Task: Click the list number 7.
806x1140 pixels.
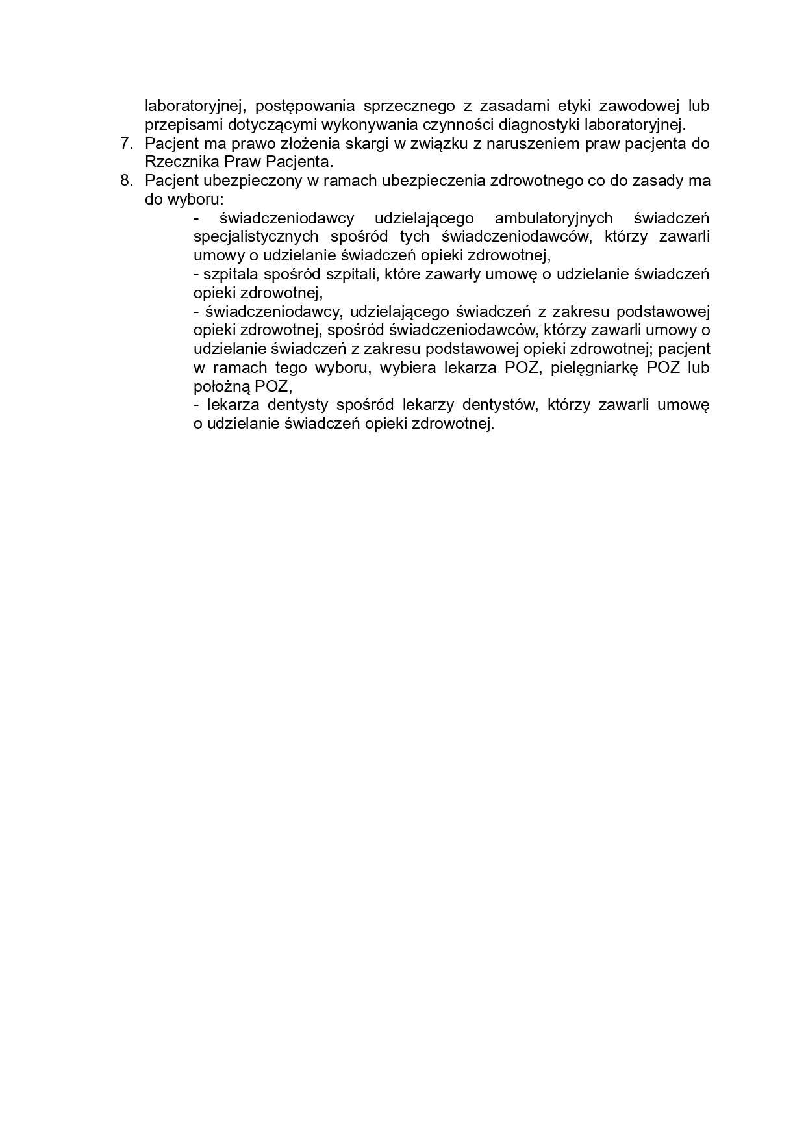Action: point(126,144)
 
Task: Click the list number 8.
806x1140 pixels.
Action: point(126,181)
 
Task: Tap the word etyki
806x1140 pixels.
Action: point(572,106)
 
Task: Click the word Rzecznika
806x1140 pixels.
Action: point(176,162)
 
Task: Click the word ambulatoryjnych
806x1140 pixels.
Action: point(553,218)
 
